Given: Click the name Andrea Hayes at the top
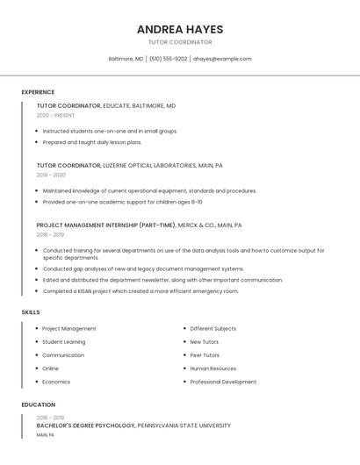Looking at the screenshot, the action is [179, 29].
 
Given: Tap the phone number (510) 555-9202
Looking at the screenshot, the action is [168, 59].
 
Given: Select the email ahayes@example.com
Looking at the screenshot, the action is [222, 59].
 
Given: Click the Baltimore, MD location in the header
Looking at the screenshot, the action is [126, 59].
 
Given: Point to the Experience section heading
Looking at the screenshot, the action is [38, 92].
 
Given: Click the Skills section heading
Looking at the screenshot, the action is [31, 312].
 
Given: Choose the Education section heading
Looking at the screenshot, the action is [39, 404].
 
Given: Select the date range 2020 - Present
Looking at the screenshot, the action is [55, 115].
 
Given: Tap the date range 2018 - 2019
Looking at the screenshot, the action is [50, 234].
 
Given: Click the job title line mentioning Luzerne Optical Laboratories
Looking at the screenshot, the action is [130, 165].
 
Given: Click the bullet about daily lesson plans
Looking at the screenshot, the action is [92, 142].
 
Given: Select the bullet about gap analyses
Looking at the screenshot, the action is [143, 268].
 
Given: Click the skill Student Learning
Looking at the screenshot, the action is [64, 341].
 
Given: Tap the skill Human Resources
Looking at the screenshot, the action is [213, 368].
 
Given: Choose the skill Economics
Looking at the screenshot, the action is [56, 382].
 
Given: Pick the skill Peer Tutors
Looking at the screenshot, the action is [205, 355].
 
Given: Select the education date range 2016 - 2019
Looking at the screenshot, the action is [50, 418].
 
